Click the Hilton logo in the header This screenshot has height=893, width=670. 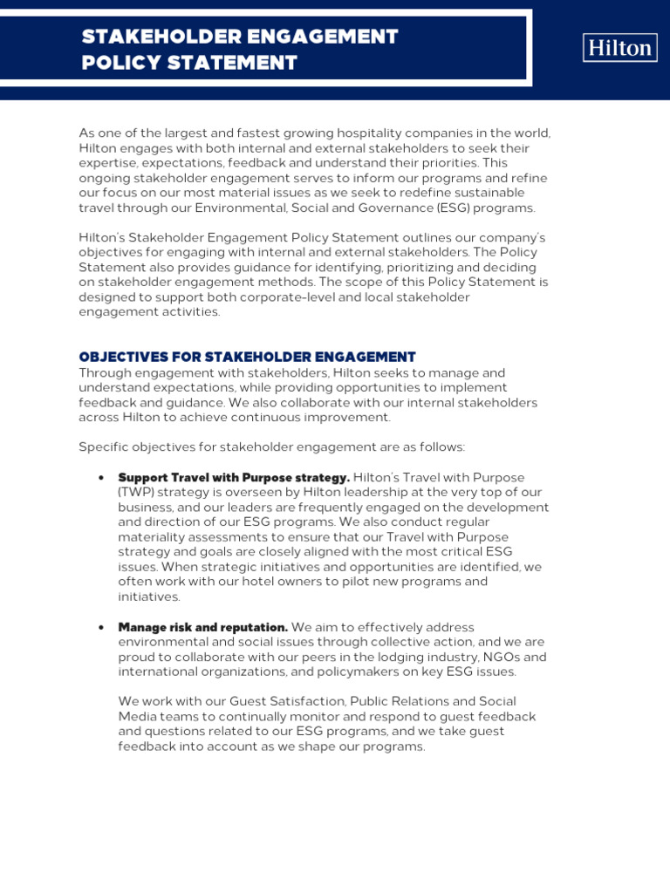(x=619, y=47)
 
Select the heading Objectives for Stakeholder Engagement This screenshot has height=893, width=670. (x=247, y=357)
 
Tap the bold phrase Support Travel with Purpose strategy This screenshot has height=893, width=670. (x=233, y=478)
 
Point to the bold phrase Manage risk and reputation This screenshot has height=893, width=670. (x=202, y=627)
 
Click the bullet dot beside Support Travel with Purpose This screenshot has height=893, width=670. (x=102, y=478)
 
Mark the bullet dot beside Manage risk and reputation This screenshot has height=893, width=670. (x=102, y=627)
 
